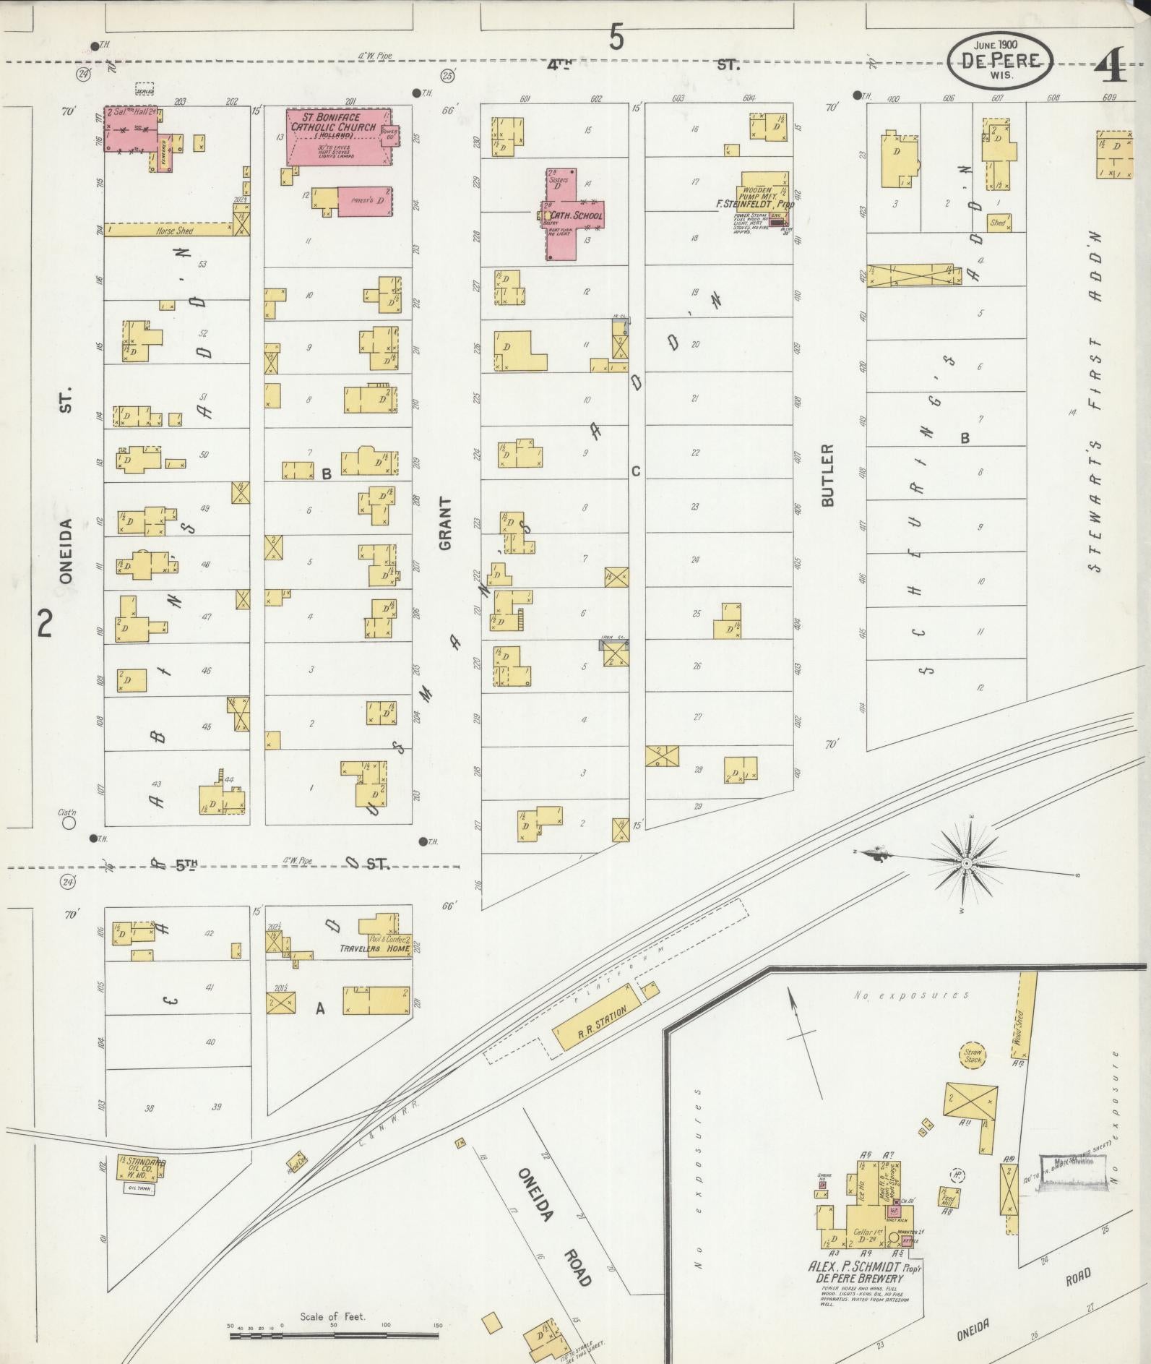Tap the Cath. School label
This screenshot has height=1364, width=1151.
point(576,215)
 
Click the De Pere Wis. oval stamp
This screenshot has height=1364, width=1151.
point(1000,63)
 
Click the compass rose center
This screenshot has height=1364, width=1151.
point(966,863)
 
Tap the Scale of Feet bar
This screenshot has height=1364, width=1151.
point(334,1335)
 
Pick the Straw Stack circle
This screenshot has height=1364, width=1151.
point(973,1056)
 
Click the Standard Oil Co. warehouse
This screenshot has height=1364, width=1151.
point(141,1167)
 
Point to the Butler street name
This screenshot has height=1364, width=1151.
point(828,475)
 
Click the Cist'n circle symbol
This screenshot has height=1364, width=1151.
point(69,823)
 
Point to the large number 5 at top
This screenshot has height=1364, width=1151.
point(616,36)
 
